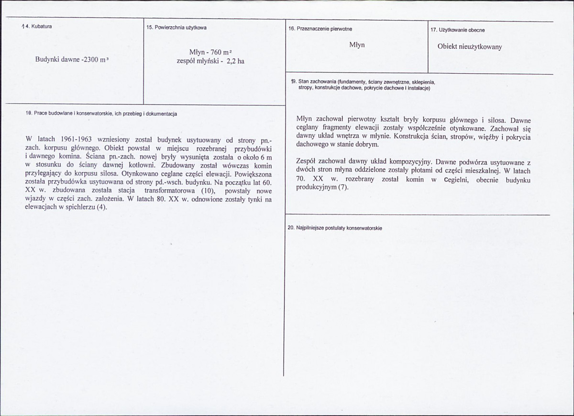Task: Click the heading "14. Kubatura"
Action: tap(37, 26)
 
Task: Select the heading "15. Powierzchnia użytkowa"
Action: tap(177, 28)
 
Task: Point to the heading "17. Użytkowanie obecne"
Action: tap(457, 30)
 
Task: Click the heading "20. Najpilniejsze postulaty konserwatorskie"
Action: tap(335, 228)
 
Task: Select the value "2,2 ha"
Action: tap(234, 61)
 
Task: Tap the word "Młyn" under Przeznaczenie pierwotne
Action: tap(357, 45)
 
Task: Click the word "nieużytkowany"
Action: tap(480, 47)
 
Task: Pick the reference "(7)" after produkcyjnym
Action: tap(343, 187)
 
